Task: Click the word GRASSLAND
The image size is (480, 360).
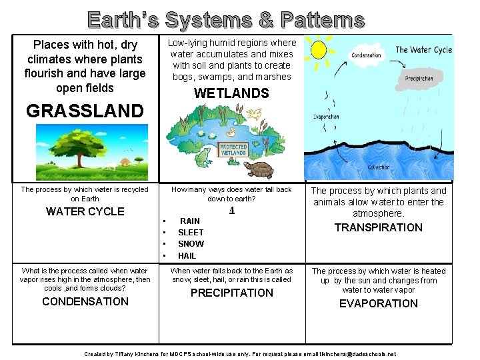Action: (x=85, y=111)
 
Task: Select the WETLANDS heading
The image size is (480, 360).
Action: (x=231, y=93)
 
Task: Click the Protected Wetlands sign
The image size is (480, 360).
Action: (x=233, y=149)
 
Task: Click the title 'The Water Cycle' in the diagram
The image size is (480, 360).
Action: (x=423, y=49)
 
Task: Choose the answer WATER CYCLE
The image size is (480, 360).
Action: (x=85, y=212)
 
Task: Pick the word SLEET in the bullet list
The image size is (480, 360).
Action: (x=191, y=232)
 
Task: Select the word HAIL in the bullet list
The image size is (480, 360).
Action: (x=187, y=255)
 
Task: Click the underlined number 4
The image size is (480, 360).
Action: (x=231, y=209)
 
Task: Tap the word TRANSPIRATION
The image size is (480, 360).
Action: (x=378, y=227)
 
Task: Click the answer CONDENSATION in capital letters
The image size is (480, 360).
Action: (x=85, y=301)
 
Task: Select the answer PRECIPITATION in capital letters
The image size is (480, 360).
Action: (x=231, y=293)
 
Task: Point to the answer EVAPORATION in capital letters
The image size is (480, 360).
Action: (x=378, y=303)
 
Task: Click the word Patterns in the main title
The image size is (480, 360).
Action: (x=323, y=20)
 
